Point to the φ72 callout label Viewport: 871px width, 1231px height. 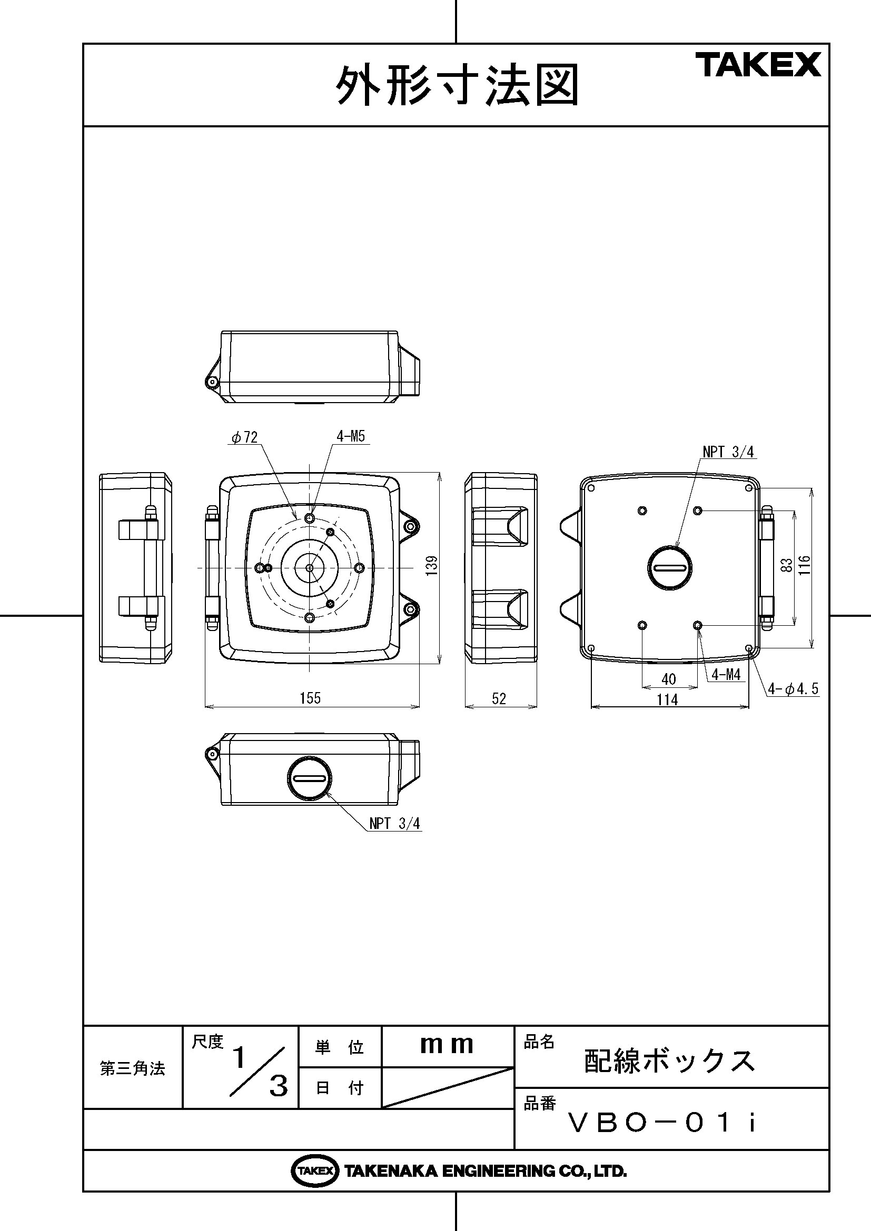[x=245, y=437]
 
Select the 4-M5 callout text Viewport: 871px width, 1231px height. [x=351, y=436]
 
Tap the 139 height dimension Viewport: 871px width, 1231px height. [x=432, y=566]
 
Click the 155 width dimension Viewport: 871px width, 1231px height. [x=310, y=698]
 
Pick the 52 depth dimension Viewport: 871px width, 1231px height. [x=499, y=698]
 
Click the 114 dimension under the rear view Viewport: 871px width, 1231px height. [x=667, y=699]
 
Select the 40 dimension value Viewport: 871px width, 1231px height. [x=669, y=679]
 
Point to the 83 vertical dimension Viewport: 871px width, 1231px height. [x=787, y=565]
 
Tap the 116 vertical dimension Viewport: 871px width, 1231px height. [x=804, y=566]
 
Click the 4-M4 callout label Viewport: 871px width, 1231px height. [x=726, y=675]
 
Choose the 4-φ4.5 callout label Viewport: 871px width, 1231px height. [x=793, y=689]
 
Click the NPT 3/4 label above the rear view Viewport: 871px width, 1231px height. [x=728, y=452]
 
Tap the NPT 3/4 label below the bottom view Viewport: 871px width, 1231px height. [x=395, y=824]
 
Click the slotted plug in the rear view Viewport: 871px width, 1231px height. [x=670, y=567]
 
